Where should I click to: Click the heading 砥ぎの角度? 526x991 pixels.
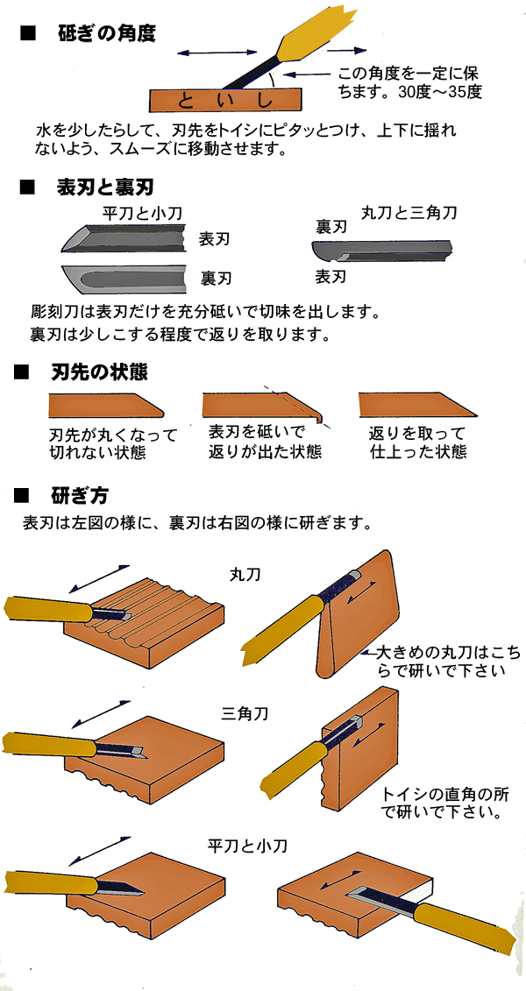105,34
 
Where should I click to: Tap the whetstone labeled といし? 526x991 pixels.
225,99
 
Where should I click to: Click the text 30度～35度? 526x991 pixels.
438,90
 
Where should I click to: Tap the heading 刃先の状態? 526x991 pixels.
99,372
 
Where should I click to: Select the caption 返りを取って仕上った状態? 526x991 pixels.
418,442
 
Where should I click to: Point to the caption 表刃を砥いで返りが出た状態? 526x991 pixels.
258,442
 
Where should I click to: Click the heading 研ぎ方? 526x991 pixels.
80,497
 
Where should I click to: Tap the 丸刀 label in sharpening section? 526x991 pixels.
242,576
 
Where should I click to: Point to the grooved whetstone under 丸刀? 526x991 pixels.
158,618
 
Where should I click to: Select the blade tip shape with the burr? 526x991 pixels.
263,406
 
